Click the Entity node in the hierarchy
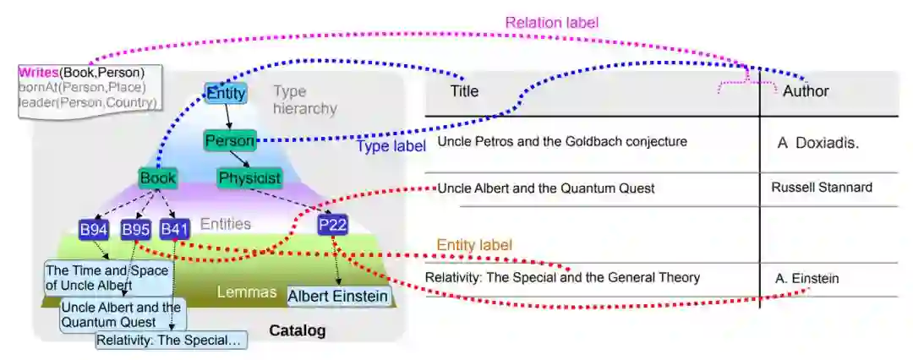226,93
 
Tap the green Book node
158,178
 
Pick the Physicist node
249,178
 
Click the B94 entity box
93,229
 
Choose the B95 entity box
135,229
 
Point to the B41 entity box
175,229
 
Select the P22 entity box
333,225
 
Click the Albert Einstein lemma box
338,296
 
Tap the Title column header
464,91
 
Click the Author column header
806,91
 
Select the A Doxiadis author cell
817,143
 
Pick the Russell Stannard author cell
822,188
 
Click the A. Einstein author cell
807,278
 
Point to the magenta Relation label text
552,23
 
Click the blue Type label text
391,146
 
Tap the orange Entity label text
474,245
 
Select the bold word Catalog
297,330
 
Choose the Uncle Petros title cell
562,141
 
